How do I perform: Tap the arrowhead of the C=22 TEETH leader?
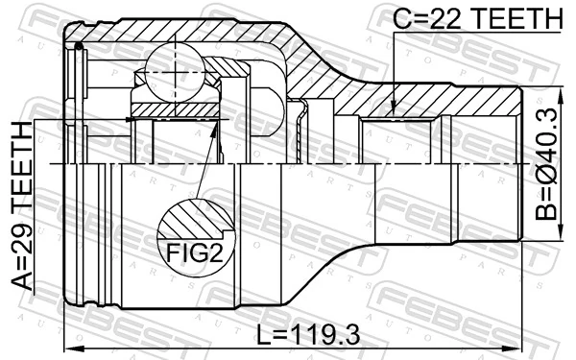(x=396, y=112)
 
